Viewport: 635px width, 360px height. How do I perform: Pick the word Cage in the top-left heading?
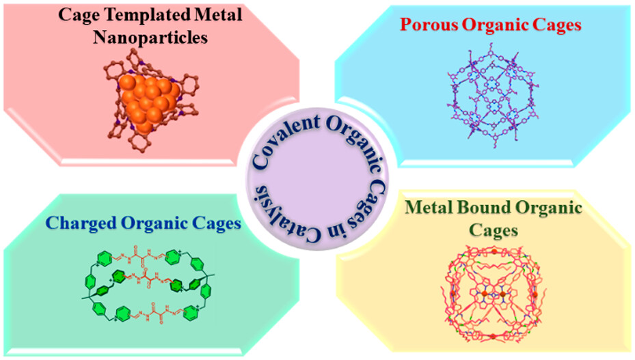[77, 15]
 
